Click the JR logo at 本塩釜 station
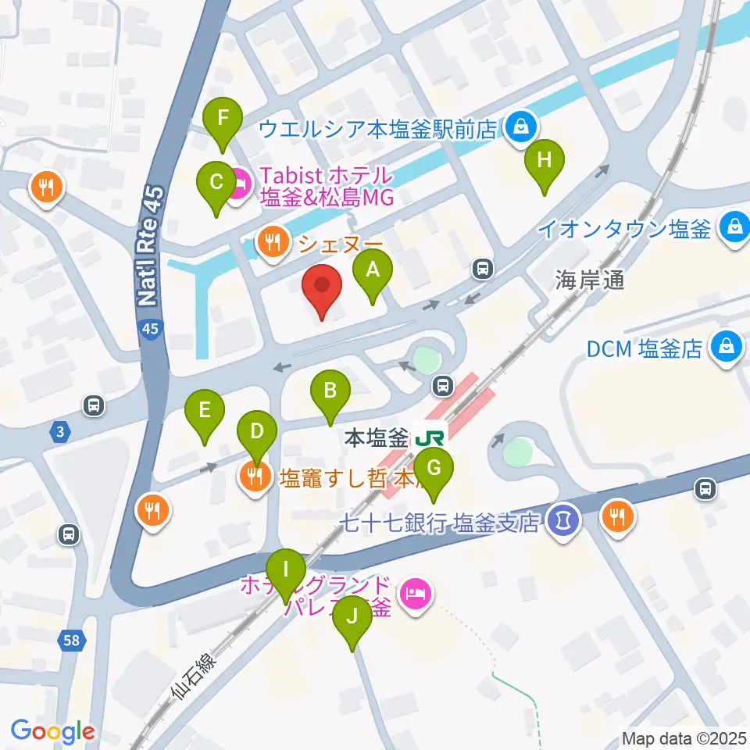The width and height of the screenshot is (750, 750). [x=429, y=436]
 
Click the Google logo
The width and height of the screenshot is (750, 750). [x=53, y=731]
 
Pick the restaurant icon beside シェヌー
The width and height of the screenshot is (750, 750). [x=272, y=242]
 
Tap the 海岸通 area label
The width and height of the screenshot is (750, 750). [x=590, y=280]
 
